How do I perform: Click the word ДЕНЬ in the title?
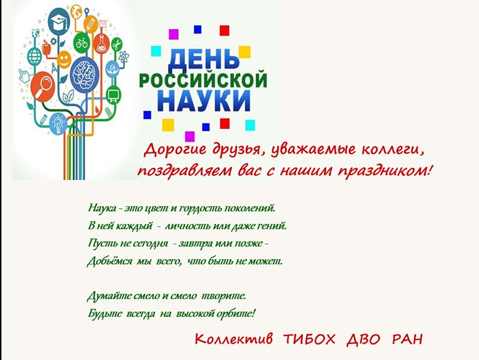pos(203,59)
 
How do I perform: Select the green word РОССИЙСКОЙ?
pos(203,79)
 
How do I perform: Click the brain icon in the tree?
pos(84,75)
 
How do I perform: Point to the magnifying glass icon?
pos(43,86)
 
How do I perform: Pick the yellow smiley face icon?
pos(64,59)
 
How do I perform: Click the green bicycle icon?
pos(82,43)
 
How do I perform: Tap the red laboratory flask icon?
pos(101,43)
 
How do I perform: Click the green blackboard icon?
pos(113,95)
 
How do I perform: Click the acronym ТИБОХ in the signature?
pos(309,339)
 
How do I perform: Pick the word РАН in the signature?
pos(407,339)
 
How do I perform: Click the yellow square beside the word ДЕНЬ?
pos(245,52)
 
